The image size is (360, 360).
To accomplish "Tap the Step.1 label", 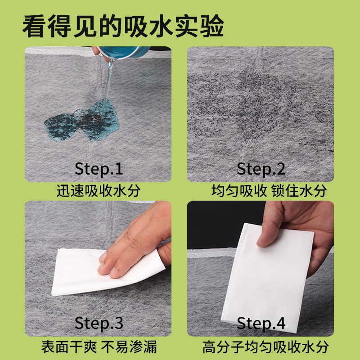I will point(99,169).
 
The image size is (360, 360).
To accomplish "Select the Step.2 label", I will point(261,169).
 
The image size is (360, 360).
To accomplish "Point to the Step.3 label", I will point(99,323).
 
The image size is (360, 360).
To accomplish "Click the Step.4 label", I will point(261,323).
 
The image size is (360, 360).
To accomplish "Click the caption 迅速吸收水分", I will point(98,191).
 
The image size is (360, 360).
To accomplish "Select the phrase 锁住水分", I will point(299,191).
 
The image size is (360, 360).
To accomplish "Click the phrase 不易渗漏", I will point(130,347).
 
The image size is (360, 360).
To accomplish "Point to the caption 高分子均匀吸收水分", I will point(265,347).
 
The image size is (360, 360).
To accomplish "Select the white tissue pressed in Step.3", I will point(76,274).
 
